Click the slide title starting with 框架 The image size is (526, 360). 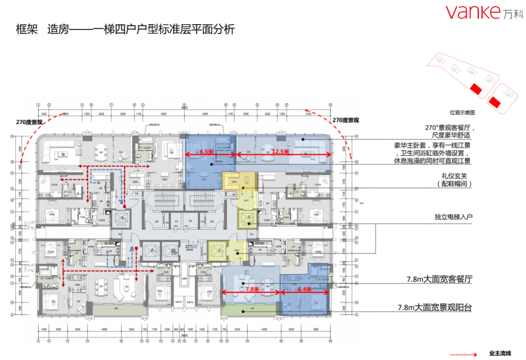pyautogui.click(x=125, y=30)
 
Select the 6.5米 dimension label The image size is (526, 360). pyautogui.click(x=206, y=150)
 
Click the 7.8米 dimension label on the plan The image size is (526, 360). pyautogui.click(x=251, y=289)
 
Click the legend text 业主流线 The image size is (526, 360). pyautogui.click(x=500, y=354)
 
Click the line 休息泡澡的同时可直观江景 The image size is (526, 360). pyautogui.click(x=433, y=162)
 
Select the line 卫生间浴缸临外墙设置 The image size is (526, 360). pyautogui.click(x=437, y=154)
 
